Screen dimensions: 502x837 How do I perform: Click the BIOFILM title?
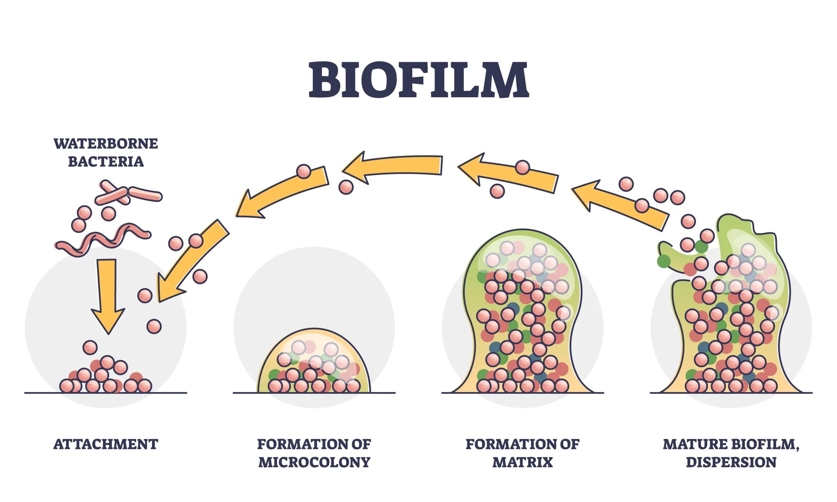pos(418,80)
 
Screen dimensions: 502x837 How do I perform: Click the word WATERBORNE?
pos(105,144)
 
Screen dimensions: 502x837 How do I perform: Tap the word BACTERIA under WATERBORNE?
pos(105,162)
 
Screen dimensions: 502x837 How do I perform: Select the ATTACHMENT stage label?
pos(105,444)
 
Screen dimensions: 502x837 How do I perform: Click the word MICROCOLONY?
pos(314,462)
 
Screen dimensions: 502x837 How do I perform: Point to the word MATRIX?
pos(522,462)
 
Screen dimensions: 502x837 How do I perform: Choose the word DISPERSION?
pos(731,462)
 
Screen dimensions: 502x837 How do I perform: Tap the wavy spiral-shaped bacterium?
pos(102,239)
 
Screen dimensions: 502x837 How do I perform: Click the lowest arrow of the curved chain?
pos(192,261)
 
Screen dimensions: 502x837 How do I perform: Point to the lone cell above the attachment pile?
pos(90,348)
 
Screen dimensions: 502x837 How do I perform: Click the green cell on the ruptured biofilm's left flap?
pos(664,261)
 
